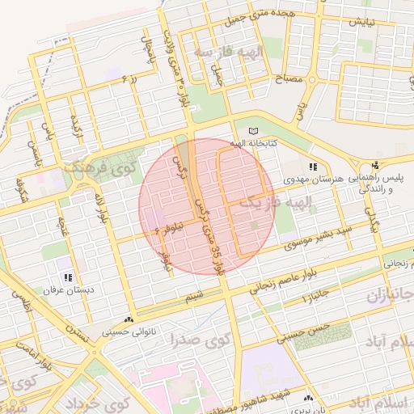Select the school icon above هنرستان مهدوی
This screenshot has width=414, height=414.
313,166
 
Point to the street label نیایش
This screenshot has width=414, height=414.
361,22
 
